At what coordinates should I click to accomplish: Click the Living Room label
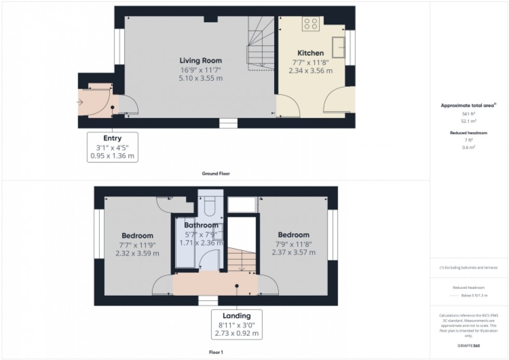tap(201, 61)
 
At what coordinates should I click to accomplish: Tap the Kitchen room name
tap(311, 53)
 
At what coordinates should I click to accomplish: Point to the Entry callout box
tap(113, 146)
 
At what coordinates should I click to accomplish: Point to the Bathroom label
tap(201, 225)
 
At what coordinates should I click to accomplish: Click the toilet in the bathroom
tap(210, 207)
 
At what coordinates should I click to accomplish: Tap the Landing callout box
tap(237, 324)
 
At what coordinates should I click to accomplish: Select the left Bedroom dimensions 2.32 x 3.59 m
tap(137, 253)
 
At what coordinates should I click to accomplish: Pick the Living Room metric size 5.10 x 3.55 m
tap(201, 79)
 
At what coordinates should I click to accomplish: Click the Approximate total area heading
tap(468, 105)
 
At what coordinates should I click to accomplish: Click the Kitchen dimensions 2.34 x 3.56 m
tap(311, 71)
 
